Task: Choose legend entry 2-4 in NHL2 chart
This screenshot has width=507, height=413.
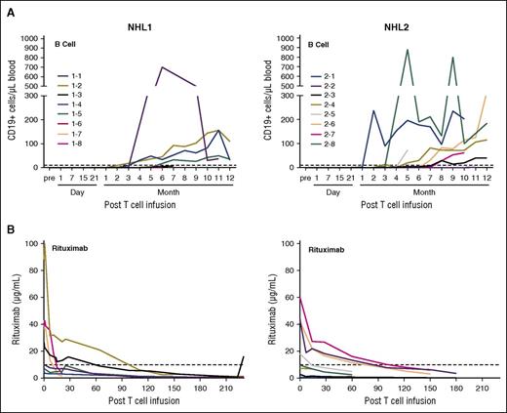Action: (330, 97)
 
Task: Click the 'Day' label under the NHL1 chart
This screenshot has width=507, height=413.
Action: (82, 191)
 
